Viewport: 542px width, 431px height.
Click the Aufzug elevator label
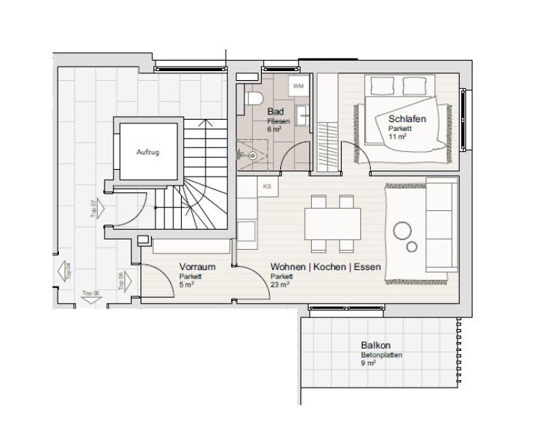(x=147, y=152)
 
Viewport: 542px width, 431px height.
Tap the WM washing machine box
(x=298, y=86)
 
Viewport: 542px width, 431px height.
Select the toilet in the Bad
(x=253, y=98)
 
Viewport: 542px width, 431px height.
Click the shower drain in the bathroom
(x=253, y=156)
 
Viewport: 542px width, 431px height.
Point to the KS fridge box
(x=268, y=186)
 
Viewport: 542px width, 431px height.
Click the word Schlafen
(x=407, y=119)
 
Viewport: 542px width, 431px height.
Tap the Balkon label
(x=376, y=345)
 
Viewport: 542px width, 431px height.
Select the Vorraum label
(x=197, y=266)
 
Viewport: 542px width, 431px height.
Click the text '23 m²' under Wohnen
(x=280, y=284)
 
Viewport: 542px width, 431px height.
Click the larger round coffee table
(x=402, y=230)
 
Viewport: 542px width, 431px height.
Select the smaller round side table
(x=412, y=247)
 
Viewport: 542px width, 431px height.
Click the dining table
(x=333, y=224)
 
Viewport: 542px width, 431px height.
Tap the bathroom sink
(x=303, y=115)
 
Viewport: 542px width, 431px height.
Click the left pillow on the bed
(x=382, y=85)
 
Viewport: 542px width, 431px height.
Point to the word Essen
(x=368, y=266)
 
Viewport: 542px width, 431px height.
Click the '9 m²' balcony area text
(x=368, y=363)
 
